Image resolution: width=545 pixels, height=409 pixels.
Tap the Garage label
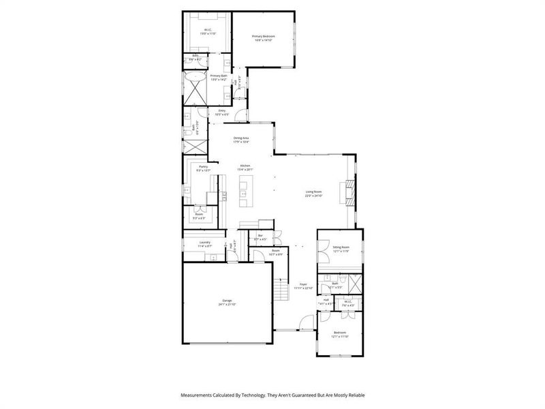tap(227, 300)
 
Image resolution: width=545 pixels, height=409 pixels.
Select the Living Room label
tap(313, 192)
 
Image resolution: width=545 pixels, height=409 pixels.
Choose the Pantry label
tap(203, 166)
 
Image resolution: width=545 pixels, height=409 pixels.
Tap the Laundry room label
tap(204, 242)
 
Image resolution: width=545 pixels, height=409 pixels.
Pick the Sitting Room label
tap(341, 247)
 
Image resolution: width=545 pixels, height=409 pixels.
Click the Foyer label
tap(304, 284)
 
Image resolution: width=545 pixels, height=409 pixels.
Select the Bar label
tap(260, 237)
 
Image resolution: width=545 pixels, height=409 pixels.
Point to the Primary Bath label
tap(218, 76)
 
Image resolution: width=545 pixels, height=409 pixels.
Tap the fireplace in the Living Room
tap(349, 190)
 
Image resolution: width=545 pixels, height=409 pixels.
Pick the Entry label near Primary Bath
tap(221, 110)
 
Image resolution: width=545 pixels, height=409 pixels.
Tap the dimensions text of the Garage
tap(227, 304)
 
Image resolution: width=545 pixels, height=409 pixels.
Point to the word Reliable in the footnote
tap(355, 395)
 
